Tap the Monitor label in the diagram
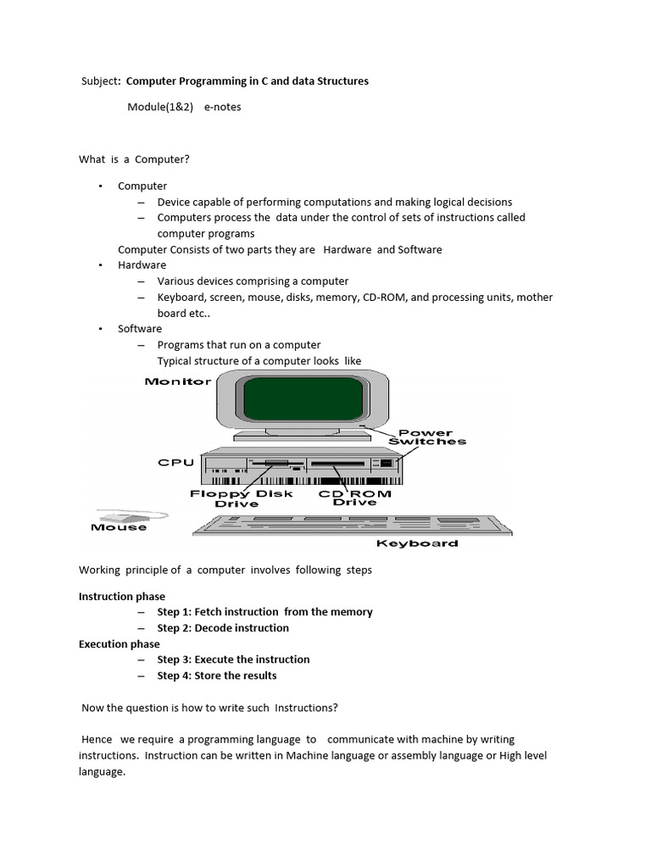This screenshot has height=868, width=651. (178, 381)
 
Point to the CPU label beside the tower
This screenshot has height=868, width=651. (176, 463)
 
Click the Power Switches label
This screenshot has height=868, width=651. (427, 437)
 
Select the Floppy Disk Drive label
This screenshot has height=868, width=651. (242, 498)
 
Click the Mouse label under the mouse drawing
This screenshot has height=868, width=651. (119, 527)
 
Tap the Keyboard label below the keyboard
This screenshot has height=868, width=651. (417, 543)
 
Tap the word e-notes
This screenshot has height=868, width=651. (222, 107)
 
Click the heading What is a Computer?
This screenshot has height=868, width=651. (134, 159)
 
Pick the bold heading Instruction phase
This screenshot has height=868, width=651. (122, 596)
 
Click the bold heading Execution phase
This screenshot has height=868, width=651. (120, 643)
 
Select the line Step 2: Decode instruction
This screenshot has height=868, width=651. (223, 628)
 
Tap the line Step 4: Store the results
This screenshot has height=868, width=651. (217, 676)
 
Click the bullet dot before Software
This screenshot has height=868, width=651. (99, 329)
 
